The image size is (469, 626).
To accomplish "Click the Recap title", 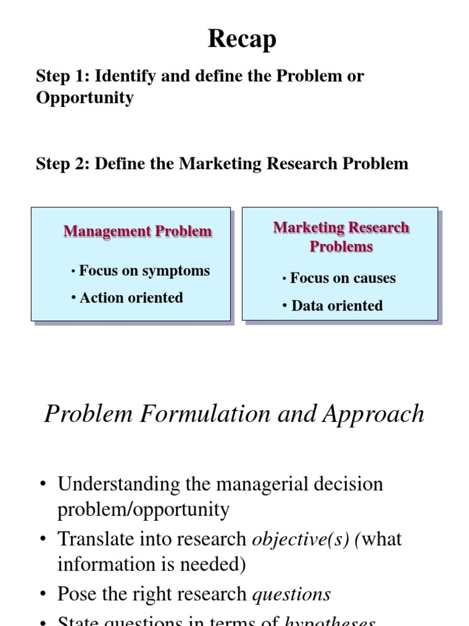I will coord(242,39).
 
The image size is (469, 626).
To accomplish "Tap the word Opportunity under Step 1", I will coord(85,98).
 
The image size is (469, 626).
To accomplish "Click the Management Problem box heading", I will coord(138,232).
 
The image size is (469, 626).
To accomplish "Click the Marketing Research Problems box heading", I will coord(341,237).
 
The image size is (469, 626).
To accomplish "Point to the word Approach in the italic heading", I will coord(374,414).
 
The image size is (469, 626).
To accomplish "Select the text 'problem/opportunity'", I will coord(144,509).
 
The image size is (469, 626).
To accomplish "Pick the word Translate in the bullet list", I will coord(90,539).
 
